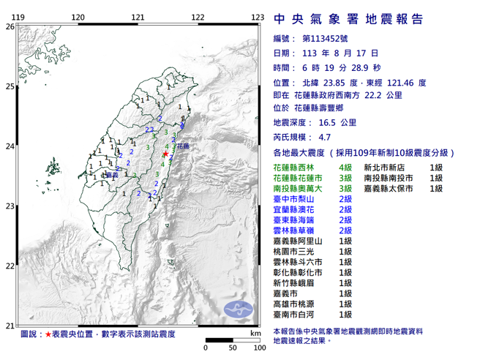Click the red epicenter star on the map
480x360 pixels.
point(166,155)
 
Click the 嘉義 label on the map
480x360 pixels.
point(112,175)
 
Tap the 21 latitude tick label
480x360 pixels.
point(10,326)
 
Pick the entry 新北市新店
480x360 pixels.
point(385,168)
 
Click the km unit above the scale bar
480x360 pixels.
point(253,334)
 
